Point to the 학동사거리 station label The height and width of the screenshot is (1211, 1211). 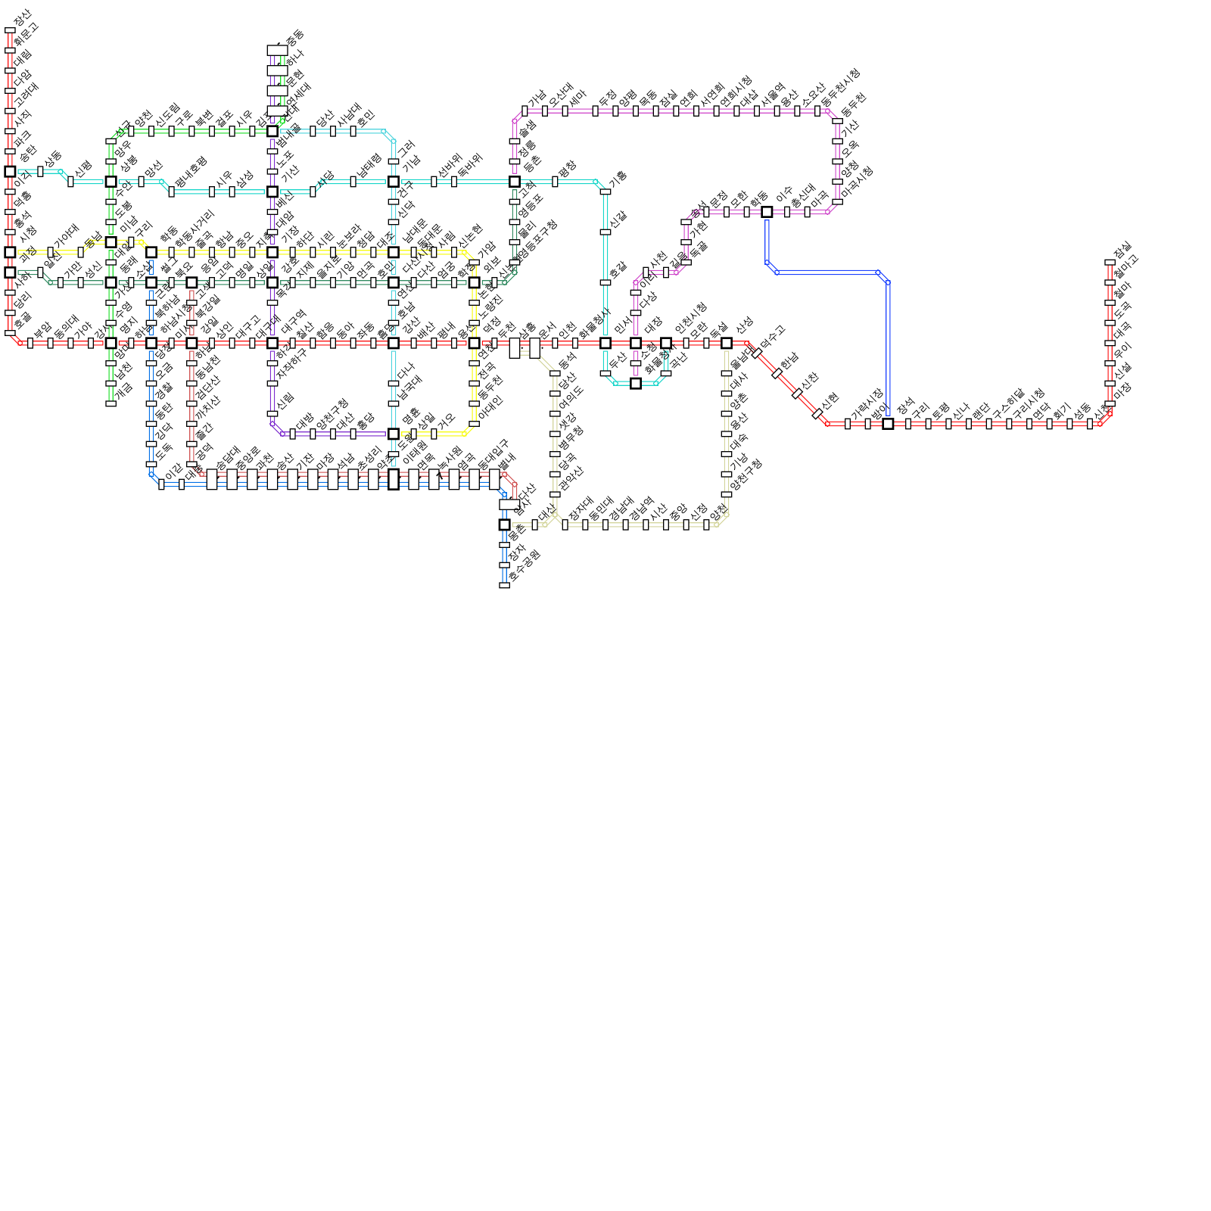(195, 228)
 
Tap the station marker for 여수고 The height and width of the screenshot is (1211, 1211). (757, 353)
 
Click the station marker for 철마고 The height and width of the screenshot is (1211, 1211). (1110, 282)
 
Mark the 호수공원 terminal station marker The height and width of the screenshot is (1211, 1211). (504, 585)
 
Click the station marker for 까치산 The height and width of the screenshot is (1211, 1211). (191, 424)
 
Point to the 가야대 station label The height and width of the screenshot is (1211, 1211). (66, 237)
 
